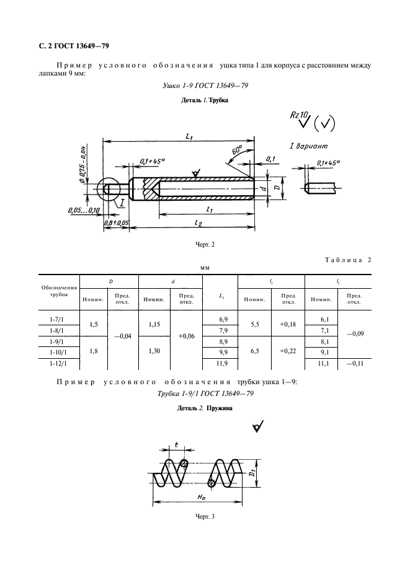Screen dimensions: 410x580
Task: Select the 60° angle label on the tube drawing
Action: [x=237, y=151]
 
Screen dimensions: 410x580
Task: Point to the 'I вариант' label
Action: [x=308, y=146]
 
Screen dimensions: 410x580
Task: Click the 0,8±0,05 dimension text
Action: [x=116, y=223]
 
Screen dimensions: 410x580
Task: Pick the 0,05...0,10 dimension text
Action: [x=84, y=211]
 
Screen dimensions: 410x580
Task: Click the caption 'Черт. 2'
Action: [x=205, y=245]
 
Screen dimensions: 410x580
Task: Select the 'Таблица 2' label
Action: [x=348, y=260]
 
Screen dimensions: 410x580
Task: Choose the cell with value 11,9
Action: [x=221, y=364]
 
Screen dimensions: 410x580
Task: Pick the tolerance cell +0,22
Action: [x=288, y=351]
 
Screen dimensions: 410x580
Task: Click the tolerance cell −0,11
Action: [x=355, y=364]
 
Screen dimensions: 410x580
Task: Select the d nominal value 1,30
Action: [x=154, y=351]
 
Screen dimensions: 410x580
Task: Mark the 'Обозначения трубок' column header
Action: [x=59, y=291]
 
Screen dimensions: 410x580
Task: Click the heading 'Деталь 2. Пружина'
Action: [x=205, y=408]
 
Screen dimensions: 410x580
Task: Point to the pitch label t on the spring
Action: [x=176, y=445]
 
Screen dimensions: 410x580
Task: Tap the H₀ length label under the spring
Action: [x=201, y=497]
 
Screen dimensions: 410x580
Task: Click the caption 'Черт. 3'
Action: [x=205, y=516]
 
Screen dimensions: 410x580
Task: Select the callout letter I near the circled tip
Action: [x=122, y=203]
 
